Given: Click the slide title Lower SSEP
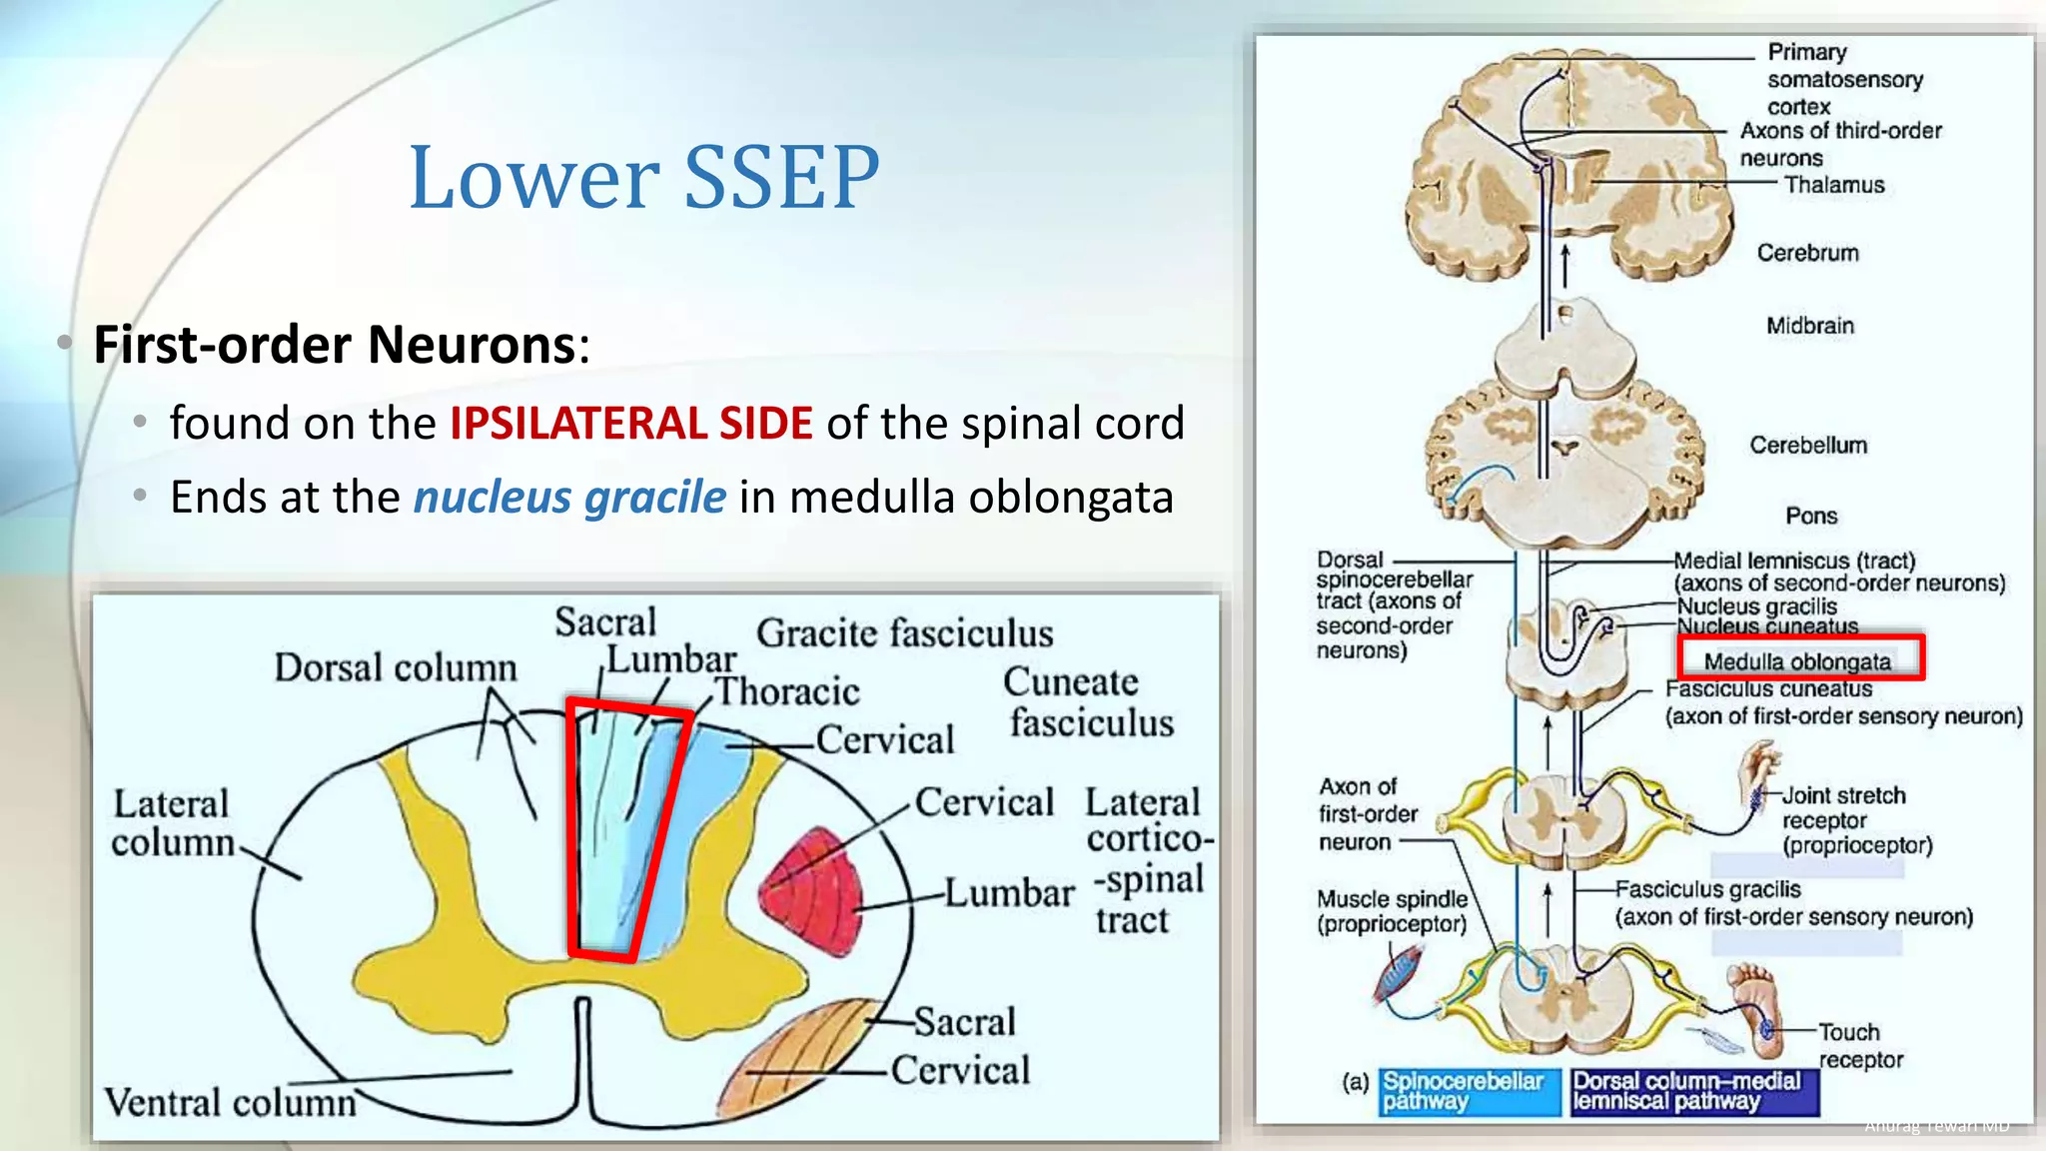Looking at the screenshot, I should pyautogui.click(x=644, y=177).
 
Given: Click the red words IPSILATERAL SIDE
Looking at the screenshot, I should pyautogui.click(x=630, y=423).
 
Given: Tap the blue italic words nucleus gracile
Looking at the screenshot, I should pyautogui.click(x=569, y=497).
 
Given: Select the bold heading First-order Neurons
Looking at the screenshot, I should pyautogui.click(x=335, y=345).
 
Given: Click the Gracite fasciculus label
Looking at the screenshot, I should pyautogui.click(x=904, y=633).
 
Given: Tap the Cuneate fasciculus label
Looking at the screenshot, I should pyautogui.click(x=1089, y=701).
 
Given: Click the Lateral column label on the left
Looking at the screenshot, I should pyautogui.click(x=172, y=823).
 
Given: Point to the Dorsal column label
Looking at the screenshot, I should pyautogui.click(x=396, y=667).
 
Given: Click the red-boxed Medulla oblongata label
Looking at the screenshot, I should pyautogui.click(x=1798, y=660).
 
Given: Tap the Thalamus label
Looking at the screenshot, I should pyautogui.click(x=1834, y=185).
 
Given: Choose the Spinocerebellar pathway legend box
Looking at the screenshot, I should pyautogui.click(x=1469, y=1091).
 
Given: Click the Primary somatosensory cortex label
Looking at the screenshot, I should pyautogui.click(x=1843, y=79).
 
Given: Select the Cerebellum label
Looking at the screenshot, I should pyautogui.click(x=1808, y=445).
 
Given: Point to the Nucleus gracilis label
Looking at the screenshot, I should pyautogui.click(x=1756, y=606).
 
